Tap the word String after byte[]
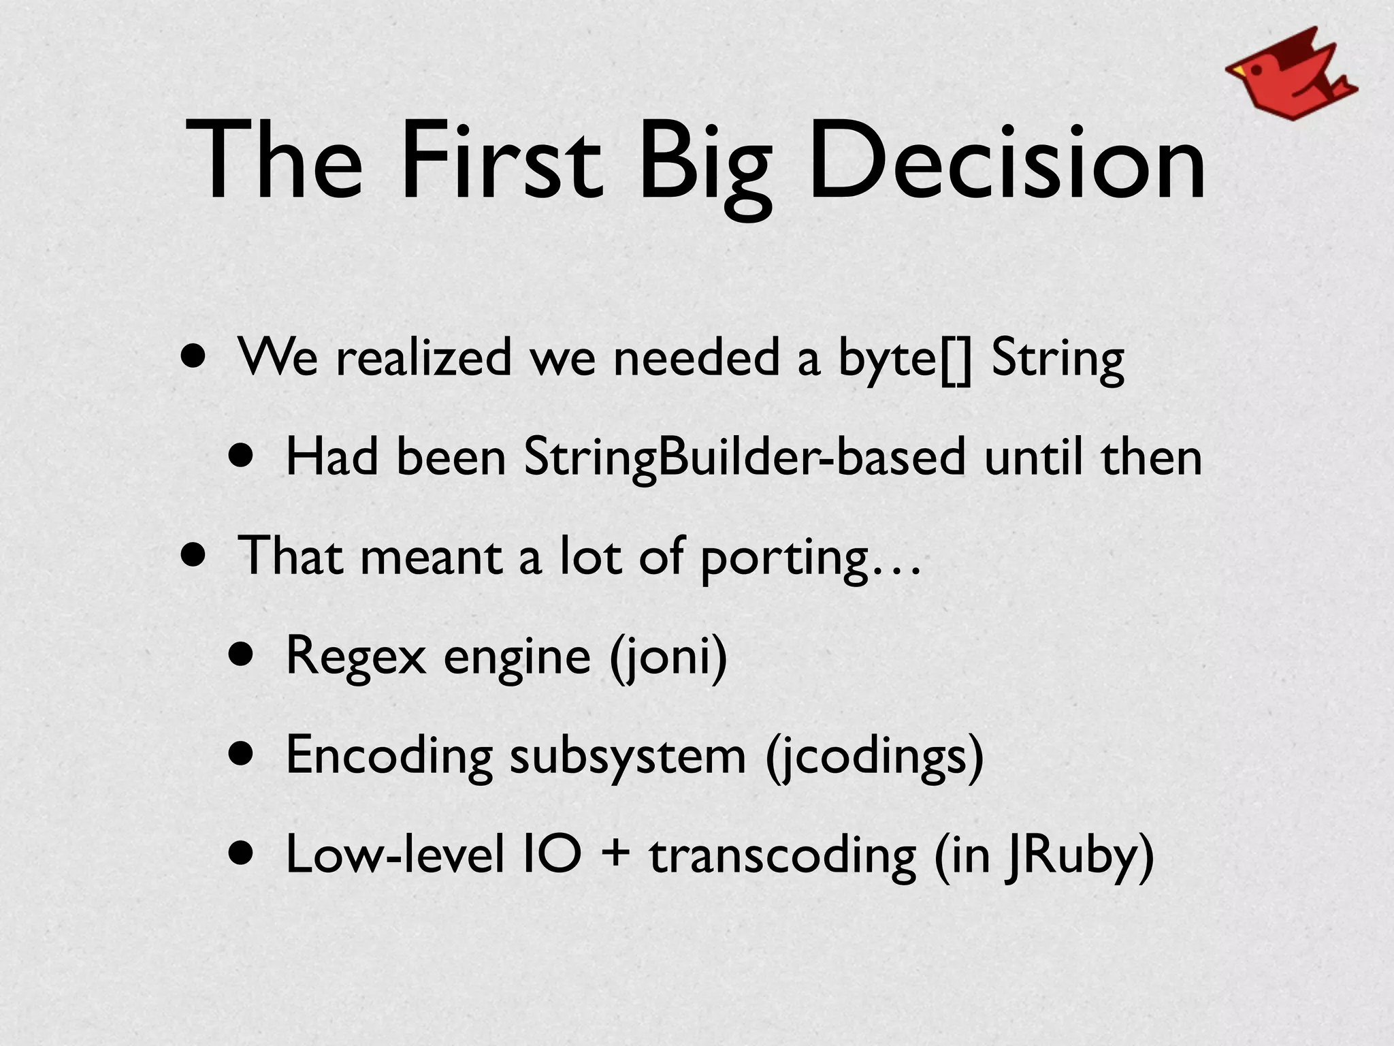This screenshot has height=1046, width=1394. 1057,360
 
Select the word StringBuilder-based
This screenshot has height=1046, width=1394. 745,458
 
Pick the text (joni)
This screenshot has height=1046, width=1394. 668,656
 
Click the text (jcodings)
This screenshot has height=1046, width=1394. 875,756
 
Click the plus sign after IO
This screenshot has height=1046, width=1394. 616,855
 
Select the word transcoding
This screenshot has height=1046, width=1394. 782,856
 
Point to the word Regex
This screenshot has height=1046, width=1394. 355,656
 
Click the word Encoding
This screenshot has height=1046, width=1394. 389,756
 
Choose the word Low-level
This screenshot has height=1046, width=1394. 395,855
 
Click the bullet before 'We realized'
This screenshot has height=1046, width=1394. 192,358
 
